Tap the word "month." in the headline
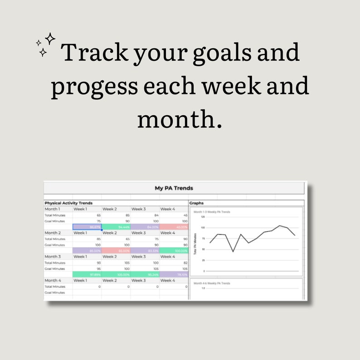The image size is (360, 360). [x=180, y=119]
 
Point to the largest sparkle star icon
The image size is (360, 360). [x=50, y=39]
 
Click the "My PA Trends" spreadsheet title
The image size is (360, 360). [x=174, y=188]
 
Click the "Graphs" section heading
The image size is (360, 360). [x=196, y=203]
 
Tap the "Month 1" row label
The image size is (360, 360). [x=52, y=209]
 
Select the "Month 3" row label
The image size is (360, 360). [x=52, y=257]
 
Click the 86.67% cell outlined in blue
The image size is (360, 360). [x=87, y=227]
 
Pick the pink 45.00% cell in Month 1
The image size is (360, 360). [x=174, y=227]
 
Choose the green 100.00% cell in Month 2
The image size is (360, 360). [x=174, y=250]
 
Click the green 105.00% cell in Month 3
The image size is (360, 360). [x=116, y=274]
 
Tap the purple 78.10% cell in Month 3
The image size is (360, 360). [x=174, y=274]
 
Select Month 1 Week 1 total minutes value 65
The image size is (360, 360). [x=98, y=215]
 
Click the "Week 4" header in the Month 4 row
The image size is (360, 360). [x=167, y=280]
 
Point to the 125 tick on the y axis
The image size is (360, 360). [x=203, y=217]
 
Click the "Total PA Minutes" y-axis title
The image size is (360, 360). [x=195, y=244]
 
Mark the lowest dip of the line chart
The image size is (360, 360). [x=234, y=251]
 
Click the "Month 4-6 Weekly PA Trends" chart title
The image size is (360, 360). [x=212, y=283]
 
